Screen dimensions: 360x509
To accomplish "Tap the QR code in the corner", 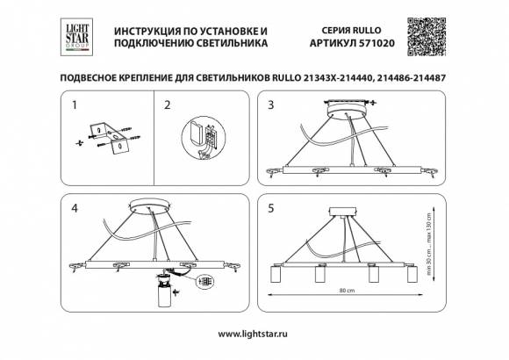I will pyautogui.click(x=431, y=36).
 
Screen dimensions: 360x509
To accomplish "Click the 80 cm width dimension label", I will pyautogui.click(x=347, y=290).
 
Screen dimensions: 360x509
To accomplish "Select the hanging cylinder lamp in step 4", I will pyautogui.click(x=161, y=299).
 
